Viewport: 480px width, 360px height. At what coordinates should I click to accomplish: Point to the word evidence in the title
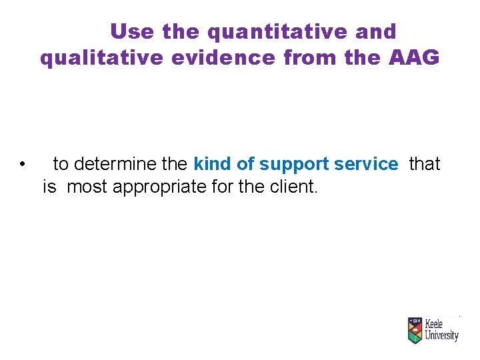[x=222, y=59]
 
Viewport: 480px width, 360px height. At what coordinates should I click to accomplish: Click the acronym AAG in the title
[x=413, y=59]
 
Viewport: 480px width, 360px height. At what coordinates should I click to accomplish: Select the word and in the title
[x=376, y=31]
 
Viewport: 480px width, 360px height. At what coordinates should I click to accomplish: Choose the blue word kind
[x=212, y=164]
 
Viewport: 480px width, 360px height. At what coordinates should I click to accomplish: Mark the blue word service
[x=367, y=164]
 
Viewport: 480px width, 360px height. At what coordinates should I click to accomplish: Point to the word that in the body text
[x=425, y=164]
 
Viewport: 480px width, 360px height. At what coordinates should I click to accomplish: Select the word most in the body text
[x=88, y=187]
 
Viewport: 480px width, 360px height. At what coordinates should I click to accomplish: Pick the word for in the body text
[x=223, y=187]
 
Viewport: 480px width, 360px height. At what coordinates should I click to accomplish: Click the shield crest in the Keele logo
[x=415, y=330]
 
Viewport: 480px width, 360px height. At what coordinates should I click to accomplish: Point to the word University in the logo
[x=442, y=335]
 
